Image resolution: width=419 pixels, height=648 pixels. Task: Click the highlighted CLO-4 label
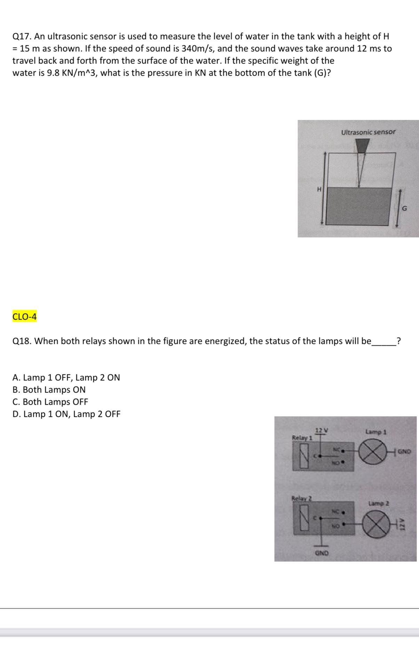(24, 317)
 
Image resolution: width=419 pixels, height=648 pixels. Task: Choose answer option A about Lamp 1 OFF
(66, 377)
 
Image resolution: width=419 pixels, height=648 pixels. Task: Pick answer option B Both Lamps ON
(49, 389)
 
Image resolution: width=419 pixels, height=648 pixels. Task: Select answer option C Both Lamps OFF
(50, 402)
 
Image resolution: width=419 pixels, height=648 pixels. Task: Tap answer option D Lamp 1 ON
(66, 414)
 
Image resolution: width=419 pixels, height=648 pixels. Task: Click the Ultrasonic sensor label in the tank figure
(368, 132)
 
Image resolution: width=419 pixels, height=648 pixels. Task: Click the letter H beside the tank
(318, 189)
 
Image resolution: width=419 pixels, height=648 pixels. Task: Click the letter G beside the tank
(404, 208)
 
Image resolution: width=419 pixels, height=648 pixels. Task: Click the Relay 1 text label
(302, 437)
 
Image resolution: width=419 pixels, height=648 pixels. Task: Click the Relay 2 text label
(301, 498)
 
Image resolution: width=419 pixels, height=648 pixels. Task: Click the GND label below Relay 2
(321, 552)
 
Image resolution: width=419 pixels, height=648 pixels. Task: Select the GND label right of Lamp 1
(404, 452)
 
